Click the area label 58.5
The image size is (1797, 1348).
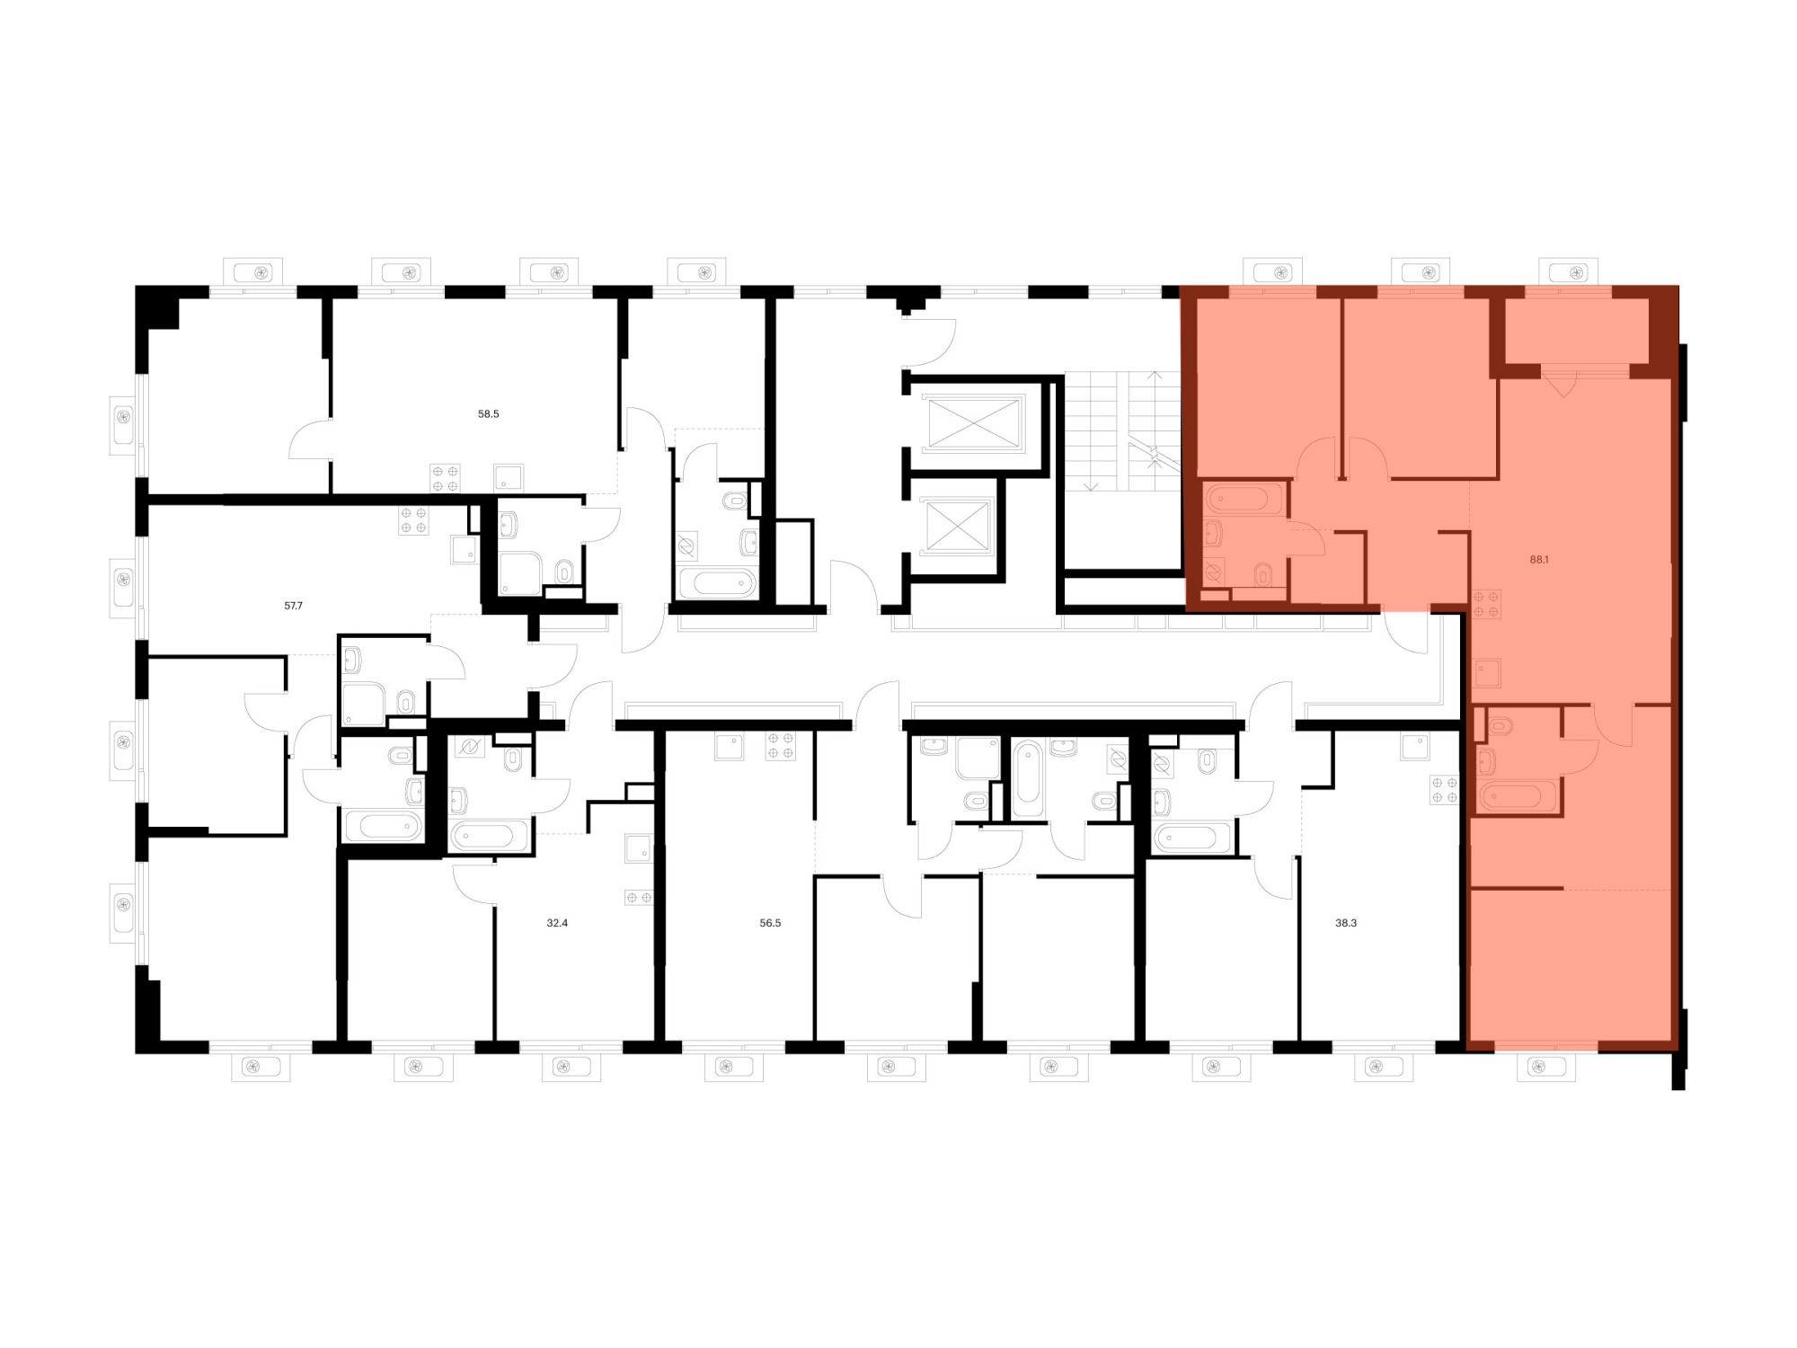488,414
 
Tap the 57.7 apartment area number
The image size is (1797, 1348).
293,606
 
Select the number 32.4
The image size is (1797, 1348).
557,923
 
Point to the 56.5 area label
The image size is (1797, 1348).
770,923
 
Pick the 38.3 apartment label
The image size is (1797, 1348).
1345,923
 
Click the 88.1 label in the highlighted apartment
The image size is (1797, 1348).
1539,559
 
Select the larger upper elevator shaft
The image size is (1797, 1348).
975,423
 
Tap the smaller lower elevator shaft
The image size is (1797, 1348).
957,526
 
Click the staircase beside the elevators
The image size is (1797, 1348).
1122,431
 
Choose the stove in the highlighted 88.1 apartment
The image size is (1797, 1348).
1486,604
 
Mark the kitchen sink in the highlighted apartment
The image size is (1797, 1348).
1487,673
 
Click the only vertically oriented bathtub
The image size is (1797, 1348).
1029,778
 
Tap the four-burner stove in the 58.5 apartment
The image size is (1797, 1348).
445,478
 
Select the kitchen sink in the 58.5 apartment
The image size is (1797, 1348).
509,477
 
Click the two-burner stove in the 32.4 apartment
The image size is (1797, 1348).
639,897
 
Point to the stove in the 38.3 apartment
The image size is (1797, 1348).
1444,790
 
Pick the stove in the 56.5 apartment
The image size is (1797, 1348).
780,746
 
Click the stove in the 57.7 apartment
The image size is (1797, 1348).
413,520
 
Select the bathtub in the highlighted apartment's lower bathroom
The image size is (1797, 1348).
1517,796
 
